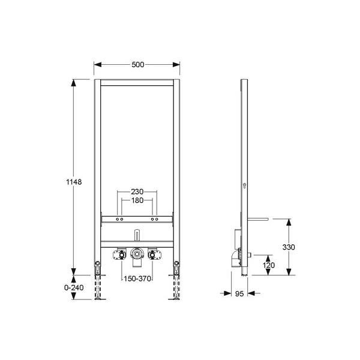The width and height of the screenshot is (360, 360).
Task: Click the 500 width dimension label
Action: pyautogui.click(x=138, y=65)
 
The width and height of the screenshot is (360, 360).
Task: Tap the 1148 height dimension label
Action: pyautogui.click(x=74, y=182)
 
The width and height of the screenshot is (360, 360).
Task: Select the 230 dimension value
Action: pyautogui.click(x=137, y=191)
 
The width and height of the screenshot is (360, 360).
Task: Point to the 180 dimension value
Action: pyautogui.click(x=137, y=200)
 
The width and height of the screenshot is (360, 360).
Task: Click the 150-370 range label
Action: pyautogui.click(x=137, y=279)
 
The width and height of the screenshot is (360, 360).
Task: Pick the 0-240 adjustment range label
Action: pyautogui.click(x=74, y=287)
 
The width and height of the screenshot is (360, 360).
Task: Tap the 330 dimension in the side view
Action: pyautogui.click(x=289, y=247)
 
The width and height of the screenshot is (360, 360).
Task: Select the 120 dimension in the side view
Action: pyautogui.click(x=269, y=265)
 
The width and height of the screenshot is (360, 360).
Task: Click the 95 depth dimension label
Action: pyautogui.click(x=239, y=293)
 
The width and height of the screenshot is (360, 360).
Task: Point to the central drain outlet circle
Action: pyautogui.click(x=137, y=254)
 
